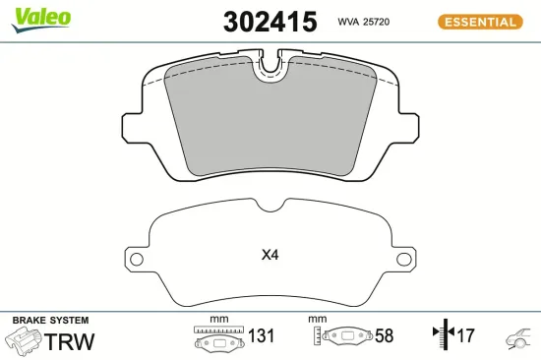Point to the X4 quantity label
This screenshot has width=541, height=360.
(270, 256)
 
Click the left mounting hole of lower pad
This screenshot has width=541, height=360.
(137, 260)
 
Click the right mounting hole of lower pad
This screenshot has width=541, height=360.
(403, 260)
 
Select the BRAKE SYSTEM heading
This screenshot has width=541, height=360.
(50, 321)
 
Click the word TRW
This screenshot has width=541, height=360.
(71, 341)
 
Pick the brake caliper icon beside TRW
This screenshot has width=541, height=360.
(21, 341)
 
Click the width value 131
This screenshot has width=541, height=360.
(259, 336)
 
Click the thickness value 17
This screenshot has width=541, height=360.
(464, 336)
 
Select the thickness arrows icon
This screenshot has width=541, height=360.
(440, 335)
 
